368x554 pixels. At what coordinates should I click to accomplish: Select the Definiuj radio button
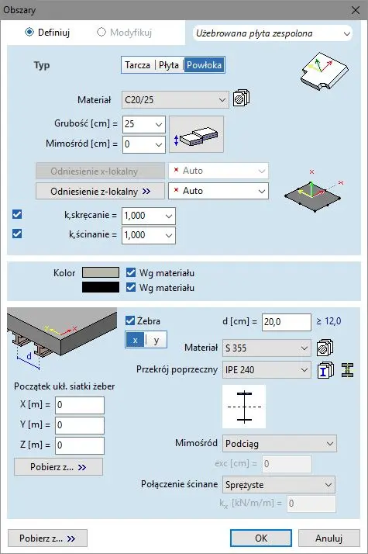pyautogui.click(x=29, y=32)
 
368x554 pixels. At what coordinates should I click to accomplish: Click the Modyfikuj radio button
pyautogui.click(x=101, y=32)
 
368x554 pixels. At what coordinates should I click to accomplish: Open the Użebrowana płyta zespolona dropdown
pyautogui.click(x=273, y=33)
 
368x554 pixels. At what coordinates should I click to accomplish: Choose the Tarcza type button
pyautogui.click(x=138, y=65)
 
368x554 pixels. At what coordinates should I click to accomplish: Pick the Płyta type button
pyautogui.click(x=169, y=65)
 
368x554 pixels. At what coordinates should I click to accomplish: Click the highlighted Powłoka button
pyautogui.click(x=204, y=65)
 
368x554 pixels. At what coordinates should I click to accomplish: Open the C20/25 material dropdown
pyautogui.click(x=175, y=99)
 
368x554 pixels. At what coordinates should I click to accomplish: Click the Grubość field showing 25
pyautogui.click(x=143, y=124)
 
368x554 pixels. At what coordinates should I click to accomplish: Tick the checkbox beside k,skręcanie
pyautogui.click(x=17, y=214)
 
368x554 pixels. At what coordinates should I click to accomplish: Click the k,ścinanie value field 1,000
pyautogui.click(x=148, y=235)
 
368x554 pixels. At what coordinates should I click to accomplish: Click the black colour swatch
pyautogui.click(x=101, y=287)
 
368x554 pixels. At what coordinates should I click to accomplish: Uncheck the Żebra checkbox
pyautogui.click(x=130, y=320)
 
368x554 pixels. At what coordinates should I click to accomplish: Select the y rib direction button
pyautogui.click(x=156, y=340)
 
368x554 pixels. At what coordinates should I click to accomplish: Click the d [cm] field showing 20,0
pyautogui.click(x=286, y=322)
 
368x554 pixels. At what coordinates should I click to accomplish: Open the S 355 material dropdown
pyautogui.click(x=267, y=348)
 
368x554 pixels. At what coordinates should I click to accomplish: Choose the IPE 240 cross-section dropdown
pyautogui.click(x=267, y=370)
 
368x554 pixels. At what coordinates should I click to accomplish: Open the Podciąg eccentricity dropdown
pyautogui.click(x=280, y=443)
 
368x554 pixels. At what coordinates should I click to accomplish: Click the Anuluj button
pyautogui.click(x=328, y=538)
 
